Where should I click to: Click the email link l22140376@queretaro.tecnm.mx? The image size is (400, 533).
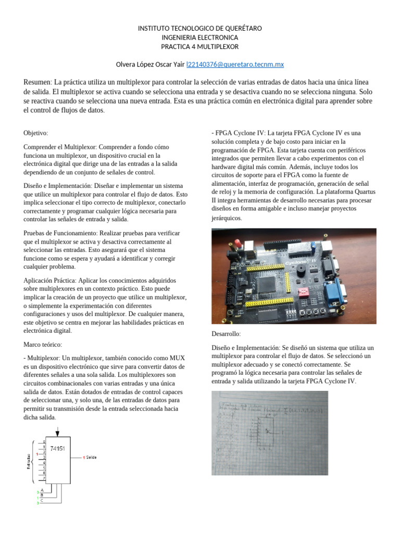click(235, 64)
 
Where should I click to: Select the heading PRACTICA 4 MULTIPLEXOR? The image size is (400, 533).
click(199, 46)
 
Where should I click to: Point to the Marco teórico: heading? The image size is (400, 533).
click(43, 345)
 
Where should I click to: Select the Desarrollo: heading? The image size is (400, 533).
click(226, 333)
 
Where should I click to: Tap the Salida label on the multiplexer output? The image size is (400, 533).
click(91, 458)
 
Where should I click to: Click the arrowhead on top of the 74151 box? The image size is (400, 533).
click(58, 433)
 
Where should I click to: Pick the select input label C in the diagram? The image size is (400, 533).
click(42, 500)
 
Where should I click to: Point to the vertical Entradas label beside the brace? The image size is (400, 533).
click(29, 461)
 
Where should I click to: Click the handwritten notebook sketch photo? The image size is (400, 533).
click(269, 432)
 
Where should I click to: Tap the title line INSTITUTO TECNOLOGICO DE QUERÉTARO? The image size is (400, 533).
click(199, 28)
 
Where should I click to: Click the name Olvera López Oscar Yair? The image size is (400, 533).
click(149, 64)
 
